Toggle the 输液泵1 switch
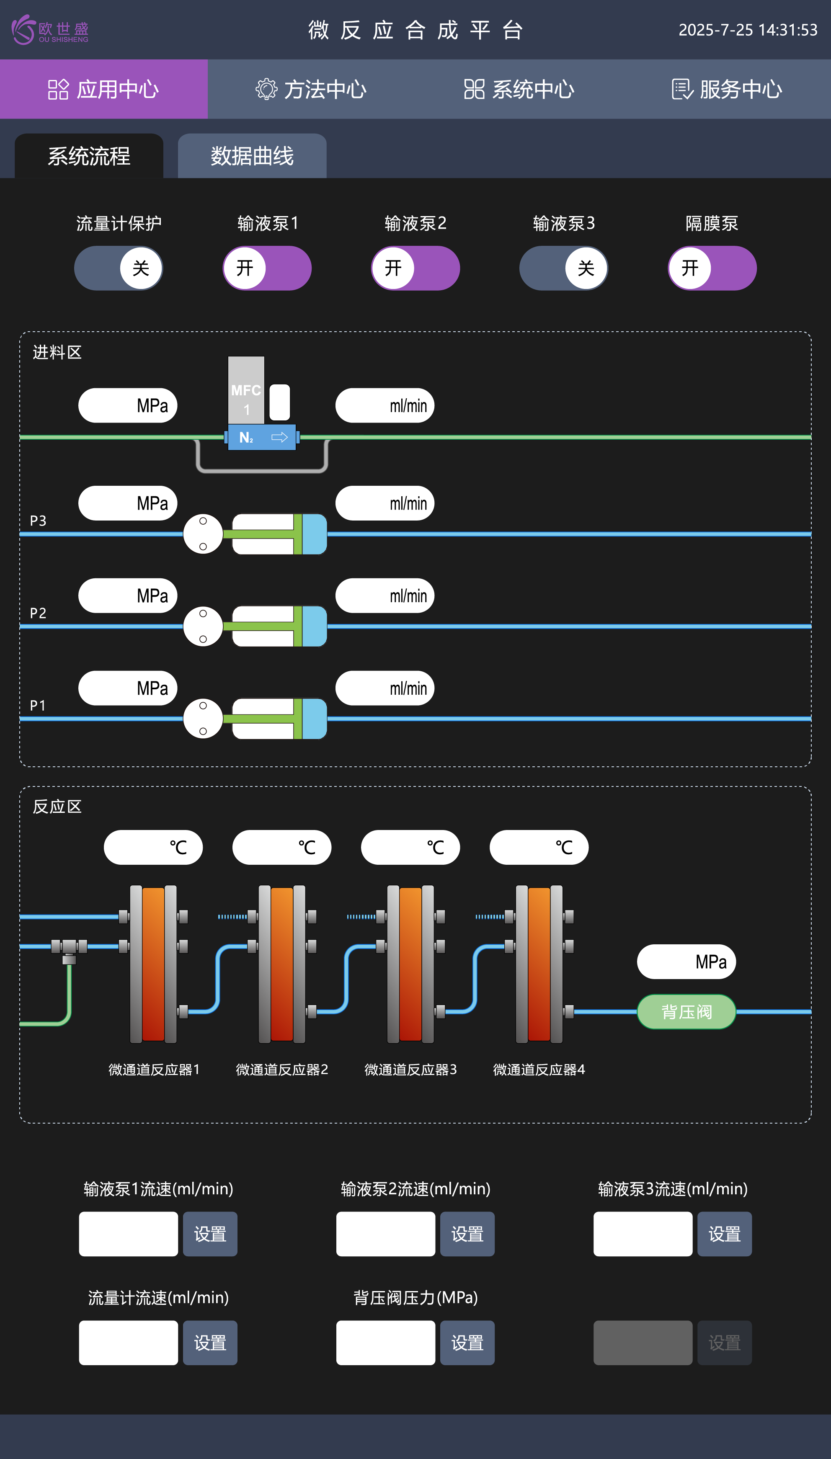[266, 268]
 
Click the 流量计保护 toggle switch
[118, 268]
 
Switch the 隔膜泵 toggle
[712, 268]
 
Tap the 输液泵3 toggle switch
[563, 268]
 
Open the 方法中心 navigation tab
[311, 90]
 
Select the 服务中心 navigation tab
[727, 90]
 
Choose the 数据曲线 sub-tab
[252, 156]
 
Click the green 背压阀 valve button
[686, 1012]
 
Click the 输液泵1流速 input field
[129, 1234]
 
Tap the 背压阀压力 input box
[385, 1343]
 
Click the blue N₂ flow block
[262, 438]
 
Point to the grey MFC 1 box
[246, 391]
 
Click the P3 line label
[38, 521]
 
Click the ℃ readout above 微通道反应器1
[153, 847]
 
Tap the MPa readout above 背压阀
[686, 961]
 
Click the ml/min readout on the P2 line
[385, 595]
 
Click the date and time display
[748, 30]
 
